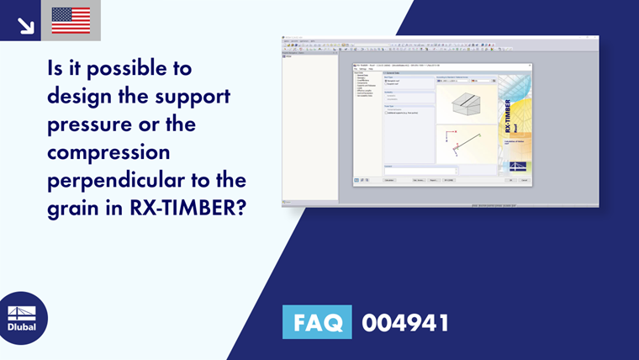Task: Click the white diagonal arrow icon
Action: tap(26, 26)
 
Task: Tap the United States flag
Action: tap(71, 21)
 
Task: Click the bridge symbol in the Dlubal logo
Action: tap(23, 313)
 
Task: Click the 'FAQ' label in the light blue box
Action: tap(317, 322)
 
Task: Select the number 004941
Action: tap(405, 322)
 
